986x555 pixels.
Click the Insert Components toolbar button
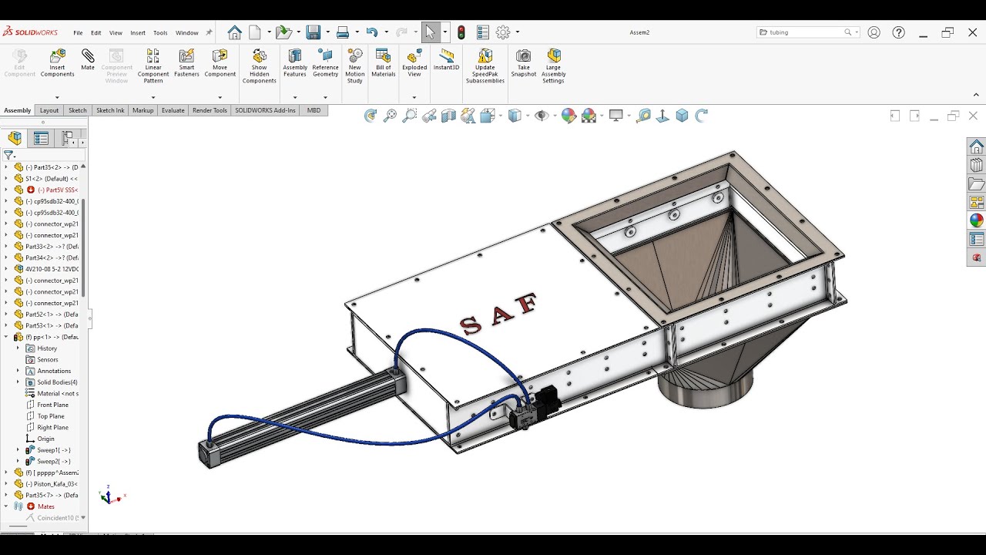point(57,62)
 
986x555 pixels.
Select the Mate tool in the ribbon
point(88,59)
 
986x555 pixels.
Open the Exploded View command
point(414,62)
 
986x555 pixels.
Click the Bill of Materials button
point(383,62)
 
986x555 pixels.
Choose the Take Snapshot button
point(523,62)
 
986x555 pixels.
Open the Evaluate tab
point(173,110)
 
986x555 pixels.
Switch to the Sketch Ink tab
point(110,110)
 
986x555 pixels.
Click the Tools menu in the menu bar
point(160,32)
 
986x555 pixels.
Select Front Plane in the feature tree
point(52,405)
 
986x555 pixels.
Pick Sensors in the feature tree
point(48,359)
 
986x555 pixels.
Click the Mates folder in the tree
point(46,506)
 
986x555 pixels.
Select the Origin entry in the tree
point(45,439)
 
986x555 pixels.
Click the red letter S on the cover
point(471,325)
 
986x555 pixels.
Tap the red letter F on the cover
point(528,302)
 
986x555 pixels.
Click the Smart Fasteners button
point(186,62)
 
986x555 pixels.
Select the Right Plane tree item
point(52,427)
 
